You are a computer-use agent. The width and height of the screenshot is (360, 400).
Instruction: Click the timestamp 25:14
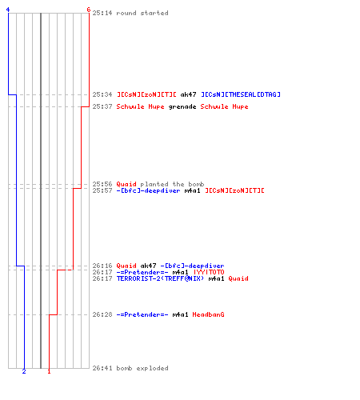tap(102, 13)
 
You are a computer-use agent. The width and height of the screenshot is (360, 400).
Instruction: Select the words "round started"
tap(142, 13)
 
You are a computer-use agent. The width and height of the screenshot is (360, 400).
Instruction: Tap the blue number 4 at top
tap(8, 10)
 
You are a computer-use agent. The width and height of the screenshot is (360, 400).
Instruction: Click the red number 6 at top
tap(89, 10)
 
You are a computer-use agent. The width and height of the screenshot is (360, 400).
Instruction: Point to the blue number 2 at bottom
tap(24, 371)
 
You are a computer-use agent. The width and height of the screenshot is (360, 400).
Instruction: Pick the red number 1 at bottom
tap(49, 371)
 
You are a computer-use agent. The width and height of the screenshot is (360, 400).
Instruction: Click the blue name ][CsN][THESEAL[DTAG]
tap(241, 94)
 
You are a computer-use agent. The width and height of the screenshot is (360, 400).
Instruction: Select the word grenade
tap(182, 106)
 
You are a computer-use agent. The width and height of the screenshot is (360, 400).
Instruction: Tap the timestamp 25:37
tap(102, 106)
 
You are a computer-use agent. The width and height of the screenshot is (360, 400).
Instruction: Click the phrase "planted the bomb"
tap(172, 184)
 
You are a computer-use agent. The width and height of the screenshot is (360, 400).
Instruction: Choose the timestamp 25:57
tap(102, 190)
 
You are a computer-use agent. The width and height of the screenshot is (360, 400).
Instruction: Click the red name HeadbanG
tap(208, 314)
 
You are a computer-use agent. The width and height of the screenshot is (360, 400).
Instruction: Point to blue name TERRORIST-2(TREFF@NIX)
tap(160, 278)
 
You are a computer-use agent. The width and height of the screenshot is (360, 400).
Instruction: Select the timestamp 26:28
tap(102, 314)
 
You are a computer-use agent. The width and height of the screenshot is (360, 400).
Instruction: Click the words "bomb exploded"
tap(142, 368)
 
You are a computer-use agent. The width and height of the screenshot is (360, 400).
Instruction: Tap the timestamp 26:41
tap(102, 368)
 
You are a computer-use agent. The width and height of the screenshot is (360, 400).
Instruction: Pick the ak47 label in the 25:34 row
tap(188, 94)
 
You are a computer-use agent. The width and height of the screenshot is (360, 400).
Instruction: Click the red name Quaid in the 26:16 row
tap(126, 266)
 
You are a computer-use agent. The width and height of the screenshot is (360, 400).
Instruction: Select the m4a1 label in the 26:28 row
tap(180, 314)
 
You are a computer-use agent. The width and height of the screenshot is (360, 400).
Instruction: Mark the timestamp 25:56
tap(102, 184)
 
